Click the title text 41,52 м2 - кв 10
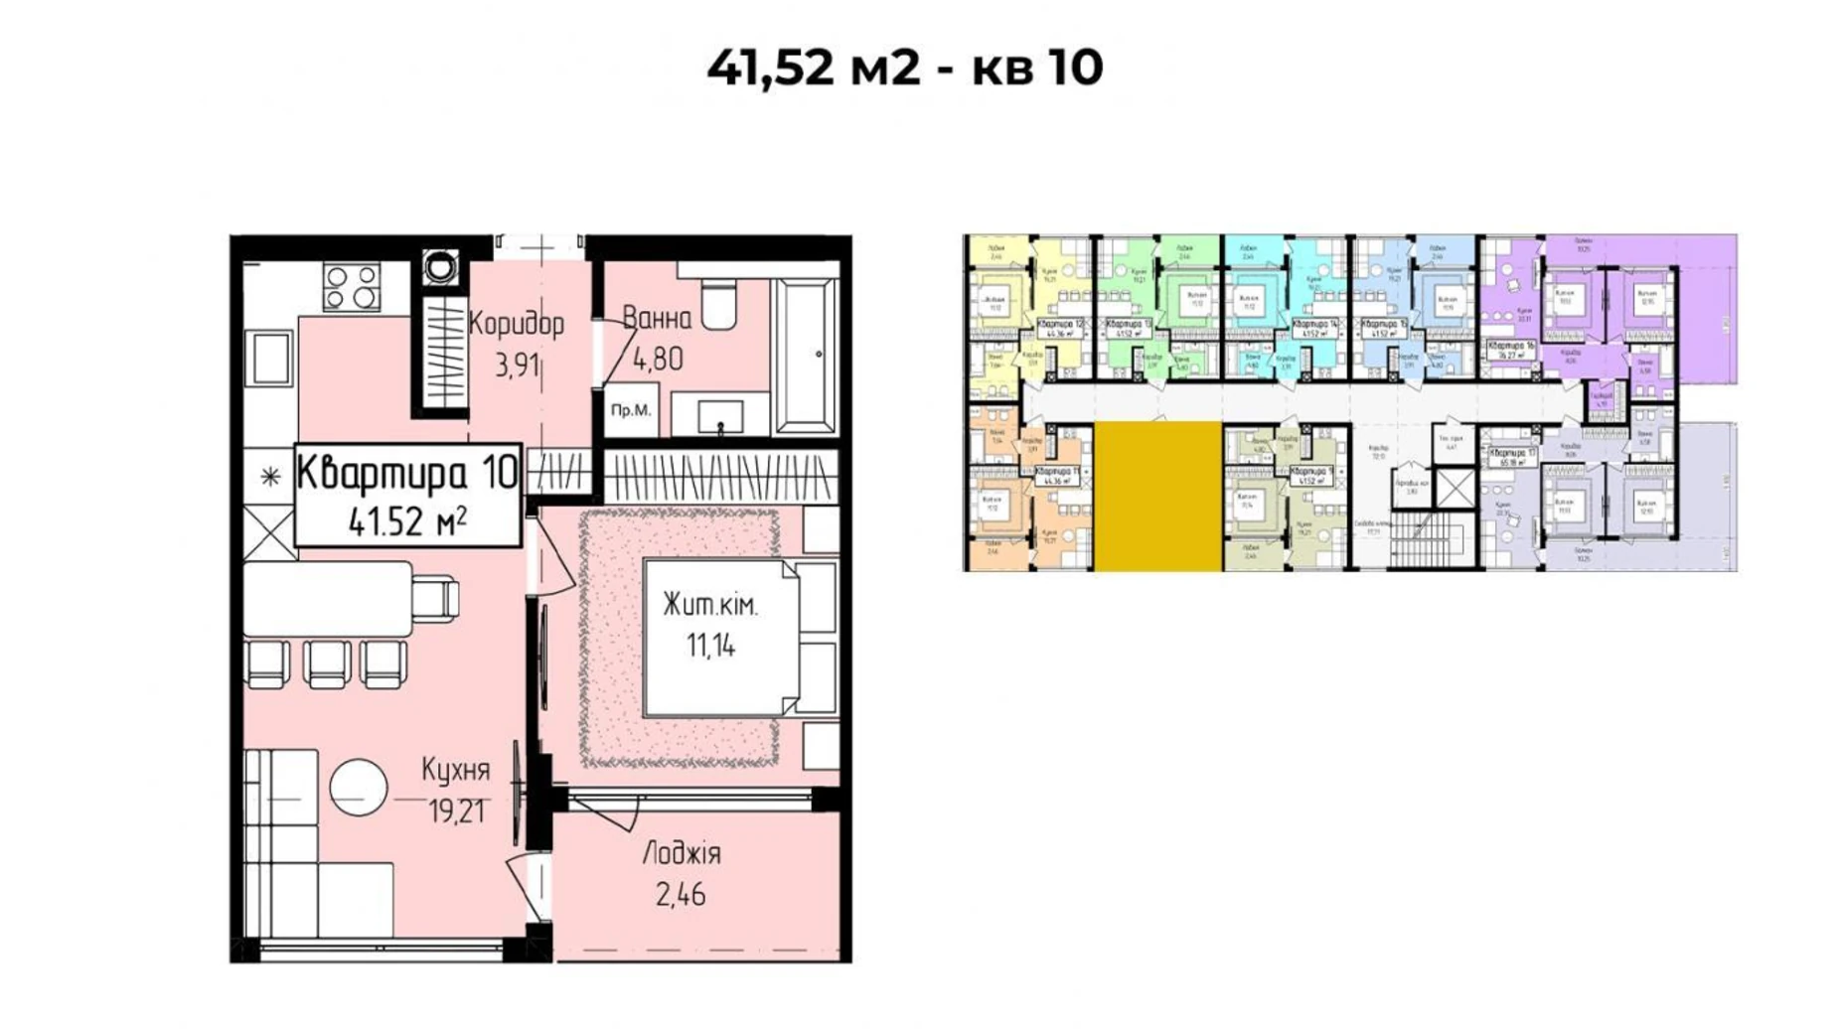[904, 68]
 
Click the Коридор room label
[516, 324]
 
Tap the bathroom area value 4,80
[657, 359]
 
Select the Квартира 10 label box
[407, 494]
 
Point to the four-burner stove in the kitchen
[351, 287]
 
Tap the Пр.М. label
[631, 410]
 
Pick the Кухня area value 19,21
[456, 812]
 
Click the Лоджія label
[682, 853]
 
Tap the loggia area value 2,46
[681, 895]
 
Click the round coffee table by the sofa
[359, 787]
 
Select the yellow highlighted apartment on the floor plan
[1157, 496]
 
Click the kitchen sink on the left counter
[269, 359]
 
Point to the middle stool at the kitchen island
[327, 664]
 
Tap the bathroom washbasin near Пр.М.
[720, 415]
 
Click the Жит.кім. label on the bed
[710, 606]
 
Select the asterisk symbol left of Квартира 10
[270, 478]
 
